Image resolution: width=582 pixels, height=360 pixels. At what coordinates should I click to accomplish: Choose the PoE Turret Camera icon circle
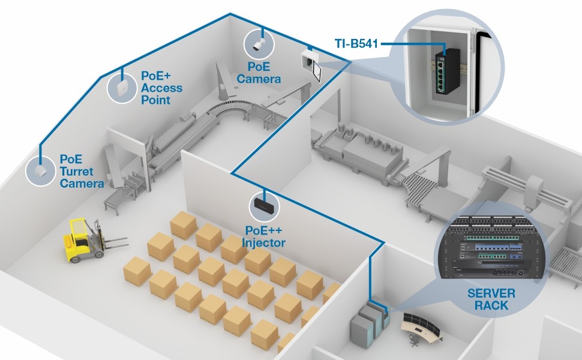click(40, 170)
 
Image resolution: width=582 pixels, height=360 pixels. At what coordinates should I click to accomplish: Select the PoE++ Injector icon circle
click(264, 205)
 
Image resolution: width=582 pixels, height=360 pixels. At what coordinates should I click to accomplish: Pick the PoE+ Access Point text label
click(161, 88)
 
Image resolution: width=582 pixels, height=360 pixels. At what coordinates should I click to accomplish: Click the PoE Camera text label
click(259, 73)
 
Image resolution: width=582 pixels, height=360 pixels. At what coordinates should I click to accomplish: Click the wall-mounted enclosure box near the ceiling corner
click(310, 60)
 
